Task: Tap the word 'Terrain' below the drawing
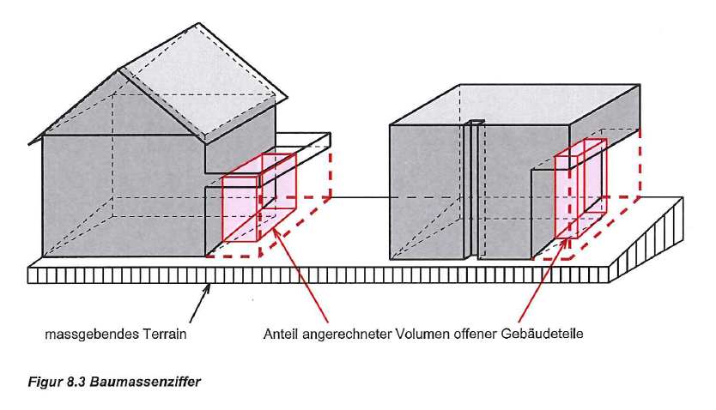click(163, 334)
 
